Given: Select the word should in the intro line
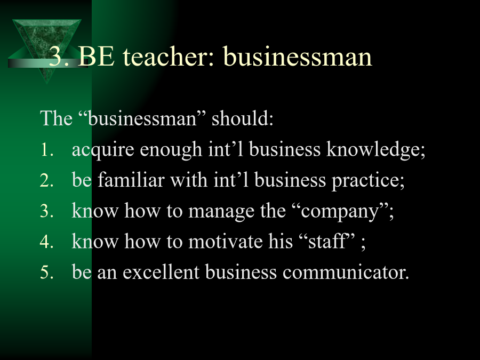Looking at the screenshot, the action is (242, 118).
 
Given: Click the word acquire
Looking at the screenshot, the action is (103, 150).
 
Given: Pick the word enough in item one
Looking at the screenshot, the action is (171, 150).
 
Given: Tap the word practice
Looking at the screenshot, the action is (368, 181).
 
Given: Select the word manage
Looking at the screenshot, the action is (221, 212).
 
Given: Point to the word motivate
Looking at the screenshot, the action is (226, 241).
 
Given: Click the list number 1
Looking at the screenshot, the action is (46, 150).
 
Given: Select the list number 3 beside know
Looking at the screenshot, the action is (46, 212).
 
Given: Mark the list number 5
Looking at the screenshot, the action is (46, 272).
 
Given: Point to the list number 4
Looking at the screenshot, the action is (46, 242).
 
